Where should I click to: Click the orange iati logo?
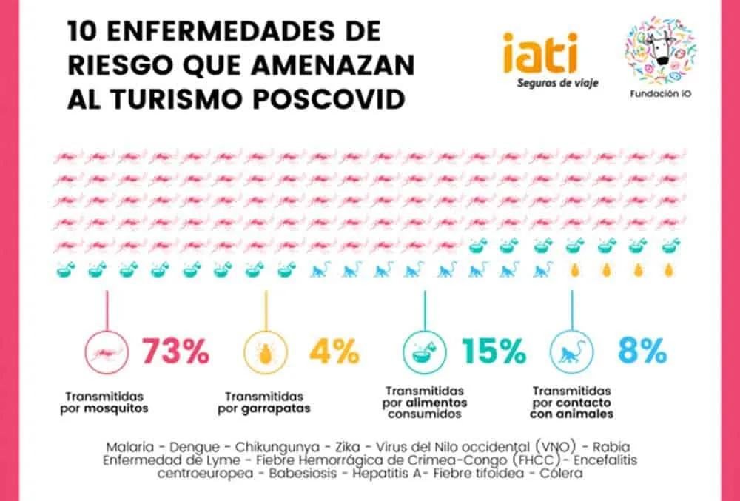point(539,53)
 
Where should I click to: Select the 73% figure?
point(175,352)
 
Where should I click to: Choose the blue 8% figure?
point(642,352)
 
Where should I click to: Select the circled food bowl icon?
point(424,352)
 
